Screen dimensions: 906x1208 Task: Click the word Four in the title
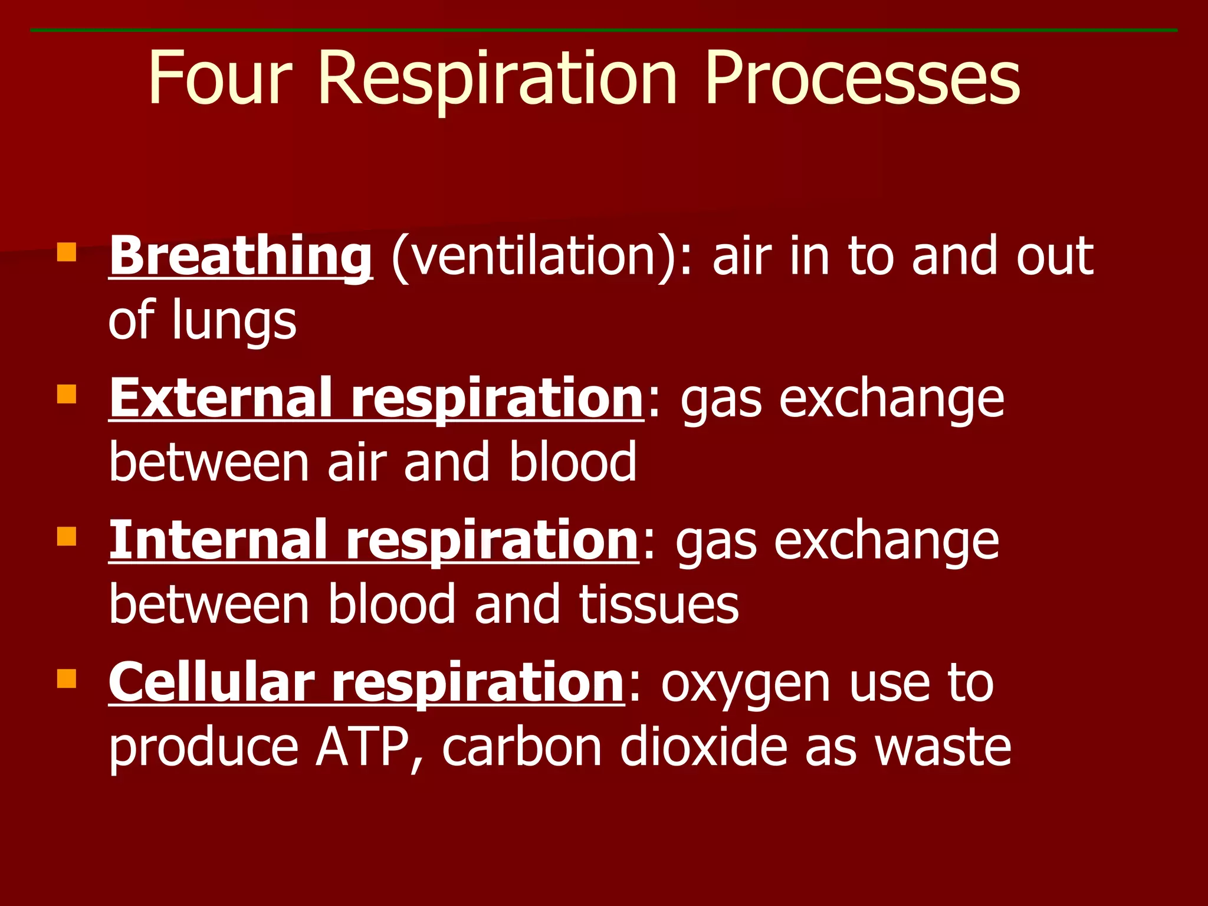[x=219, y=78]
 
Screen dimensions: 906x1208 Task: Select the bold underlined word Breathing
[x=241, y=256]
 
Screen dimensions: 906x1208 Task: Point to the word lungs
[x=234, y=322]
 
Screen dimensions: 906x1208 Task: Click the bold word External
[x=223, y=399]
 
